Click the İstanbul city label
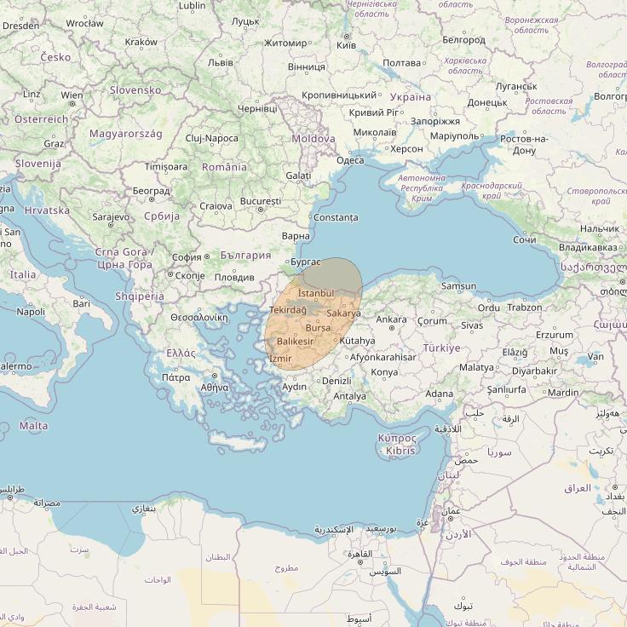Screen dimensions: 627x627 316,293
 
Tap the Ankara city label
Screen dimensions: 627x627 391,319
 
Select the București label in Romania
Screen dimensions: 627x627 260,201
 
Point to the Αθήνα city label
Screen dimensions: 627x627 214,387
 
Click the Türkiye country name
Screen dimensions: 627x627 441,348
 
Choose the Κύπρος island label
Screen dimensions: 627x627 397,437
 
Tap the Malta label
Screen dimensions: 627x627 33,425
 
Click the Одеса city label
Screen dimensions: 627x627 350,160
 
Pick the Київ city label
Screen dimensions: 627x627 346,43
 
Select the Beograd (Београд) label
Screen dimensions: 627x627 152,190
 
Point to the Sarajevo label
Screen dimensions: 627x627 111,217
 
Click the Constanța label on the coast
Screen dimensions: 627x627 336,217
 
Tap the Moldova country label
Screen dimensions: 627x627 313,138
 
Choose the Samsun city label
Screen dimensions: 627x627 459,286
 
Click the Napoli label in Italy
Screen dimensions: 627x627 31,312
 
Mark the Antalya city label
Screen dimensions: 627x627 349,396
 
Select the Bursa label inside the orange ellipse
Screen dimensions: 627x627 317,328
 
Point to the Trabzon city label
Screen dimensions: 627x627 524,307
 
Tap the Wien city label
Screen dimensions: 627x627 72,95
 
